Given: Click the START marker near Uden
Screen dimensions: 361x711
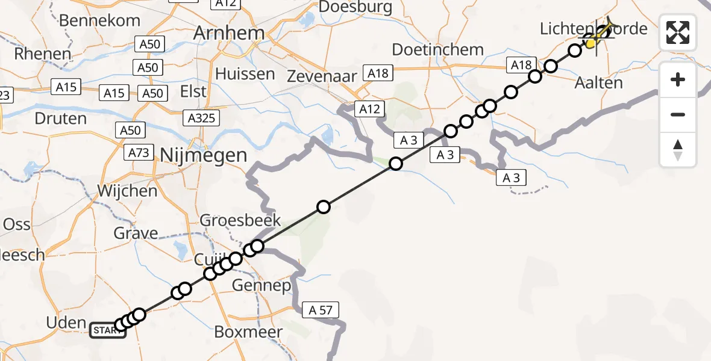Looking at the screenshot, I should click(x=108, y=330).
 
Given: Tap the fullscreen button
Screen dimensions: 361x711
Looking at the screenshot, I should click(x=678, y=32).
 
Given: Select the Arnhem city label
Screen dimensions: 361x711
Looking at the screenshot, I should click(x=228, y=33).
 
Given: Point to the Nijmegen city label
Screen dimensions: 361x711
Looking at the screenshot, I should click(x=204, y=155).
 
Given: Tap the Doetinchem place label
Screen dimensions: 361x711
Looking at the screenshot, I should click(x=438, y=49).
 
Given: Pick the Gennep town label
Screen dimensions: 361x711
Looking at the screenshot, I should click(x=262, y=285).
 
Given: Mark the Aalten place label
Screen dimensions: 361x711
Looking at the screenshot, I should click(x=599, y=82).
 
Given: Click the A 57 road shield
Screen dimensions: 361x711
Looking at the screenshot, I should click(x=321, y=310).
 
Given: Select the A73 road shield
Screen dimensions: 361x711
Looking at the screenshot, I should click(x=139, y=153).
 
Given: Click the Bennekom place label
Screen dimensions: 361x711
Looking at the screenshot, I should click(x=100, y=20).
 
